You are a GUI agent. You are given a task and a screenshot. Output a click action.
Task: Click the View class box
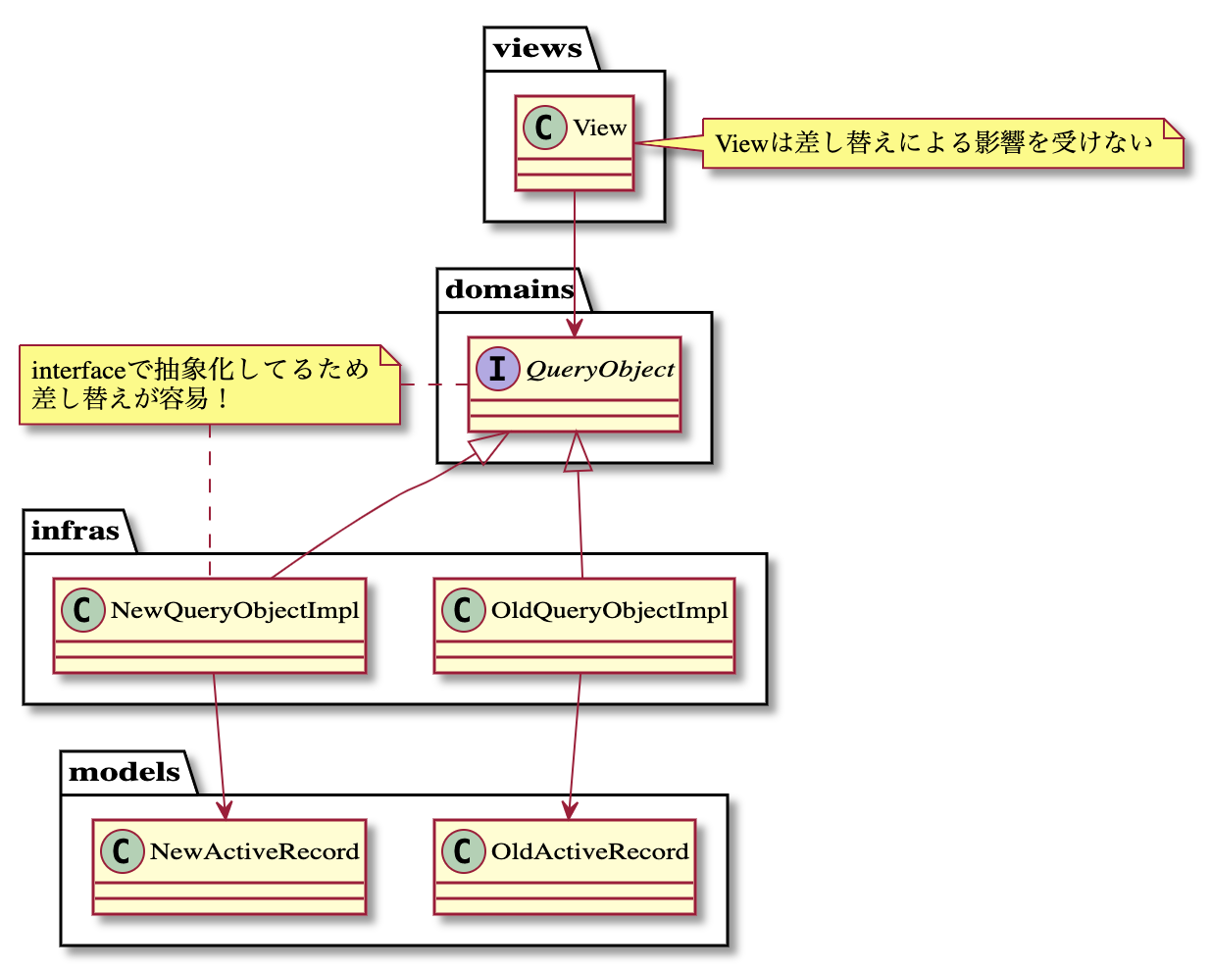coord(575,143)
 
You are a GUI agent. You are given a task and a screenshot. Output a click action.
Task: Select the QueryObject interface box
coord(575,384)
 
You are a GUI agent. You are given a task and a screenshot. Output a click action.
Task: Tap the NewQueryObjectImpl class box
coord(210,626)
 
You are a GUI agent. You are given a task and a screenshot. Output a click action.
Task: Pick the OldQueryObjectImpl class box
coord(584,626)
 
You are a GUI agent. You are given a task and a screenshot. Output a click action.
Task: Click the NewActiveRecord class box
coord(229,867)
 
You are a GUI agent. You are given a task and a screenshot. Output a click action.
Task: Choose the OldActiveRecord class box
coord(565,867)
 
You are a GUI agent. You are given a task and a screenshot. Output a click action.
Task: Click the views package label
coord(537,49)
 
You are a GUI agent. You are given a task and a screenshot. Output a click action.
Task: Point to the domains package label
coord(510,289)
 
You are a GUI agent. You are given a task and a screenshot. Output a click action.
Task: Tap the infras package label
coord(75,531)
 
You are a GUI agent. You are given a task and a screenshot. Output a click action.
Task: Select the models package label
coord(125,772)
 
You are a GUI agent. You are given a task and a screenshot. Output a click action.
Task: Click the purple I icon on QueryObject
coord(498,369)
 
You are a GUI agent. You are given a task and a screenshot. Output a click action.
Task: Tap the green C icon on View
coord(545,128)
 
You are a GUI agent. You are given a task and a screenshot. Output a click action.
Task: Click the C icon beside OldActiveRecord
coord(463,851)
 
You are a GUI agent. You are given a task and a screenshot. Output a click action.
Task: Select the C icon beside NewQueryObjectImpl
coord(83,610)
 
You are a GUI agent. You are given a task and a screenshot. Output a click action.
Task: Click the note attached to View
coord(942,143)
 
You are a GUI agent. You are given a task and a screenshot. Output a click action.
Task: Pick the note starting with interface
coord(210,384)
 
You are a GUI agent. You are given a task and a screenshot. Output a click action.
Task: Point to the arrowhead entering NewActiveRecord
coord(225,809)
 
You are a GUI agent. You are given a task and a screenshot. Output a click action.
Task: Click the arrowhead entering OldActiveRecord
coord(568,809)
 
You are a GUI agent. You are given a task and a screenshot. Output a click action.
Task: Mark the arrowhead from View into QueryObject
coord(575,327)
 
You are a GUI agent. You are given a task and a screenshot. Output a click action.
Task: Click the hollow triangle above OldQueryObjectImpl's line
coord(578,455)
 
